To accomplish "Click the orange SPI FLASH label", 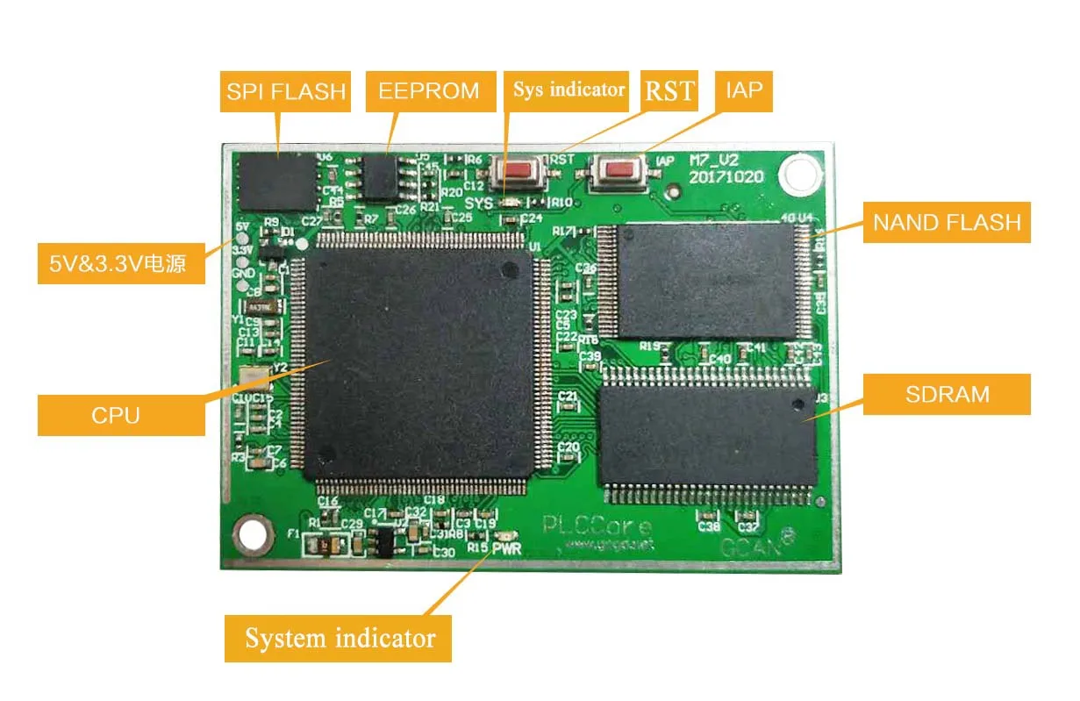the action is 284,91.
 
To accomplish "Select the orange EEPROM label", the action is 428,90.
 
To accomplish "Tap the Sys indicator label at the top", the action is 569,89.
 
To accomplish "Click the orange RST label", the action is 669,90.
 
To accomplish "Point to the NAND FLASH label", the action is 947,223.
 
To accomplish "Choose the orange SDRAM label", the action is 947,394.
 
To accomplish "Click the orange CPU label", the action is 115,415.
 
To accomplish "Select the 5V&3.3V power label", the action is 121,263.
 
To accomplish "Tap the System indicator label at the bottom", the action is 339,638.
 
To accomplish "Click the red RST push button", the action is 519,169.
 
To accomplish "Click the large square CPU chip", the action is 419,360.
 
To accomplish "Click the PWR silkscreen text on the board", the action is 506,549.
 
